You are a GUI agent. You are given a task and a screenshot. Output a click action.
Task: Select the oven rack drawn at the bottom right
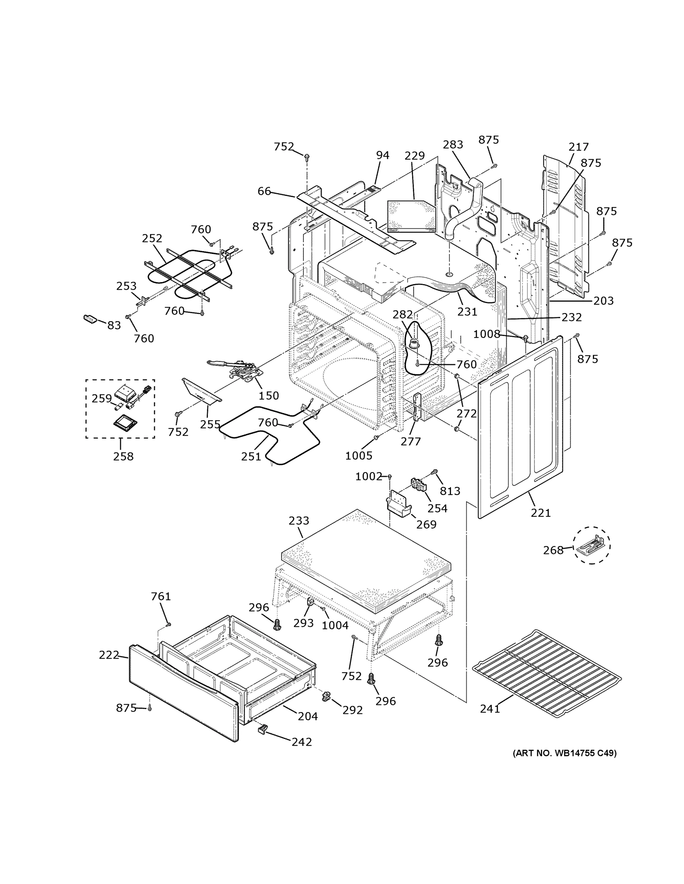pyautogui.click(x=547, y=673)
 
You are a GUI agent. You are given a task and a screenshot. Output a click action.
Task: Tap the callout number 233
pyautogui.click(x=299, y=520)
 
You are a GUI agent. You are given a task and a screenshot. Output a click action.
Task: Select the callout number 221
pyautogui.click(x=541, y=513)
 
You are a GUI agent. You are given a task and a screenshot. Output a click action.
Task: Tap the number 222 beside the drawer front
pyautogui.click(x=109, y=655)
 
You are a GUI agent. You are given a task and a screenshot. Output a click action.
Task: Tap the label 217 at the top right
pyautogui.click(x=578, y=147)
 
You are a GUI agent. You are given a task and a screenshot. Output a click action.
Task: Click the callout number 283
pyautogui.click(x=453, y=144)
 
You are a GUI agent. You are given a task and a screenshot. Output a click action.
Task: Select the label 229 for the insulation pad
pyautogui.click(x=414, y=155)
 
